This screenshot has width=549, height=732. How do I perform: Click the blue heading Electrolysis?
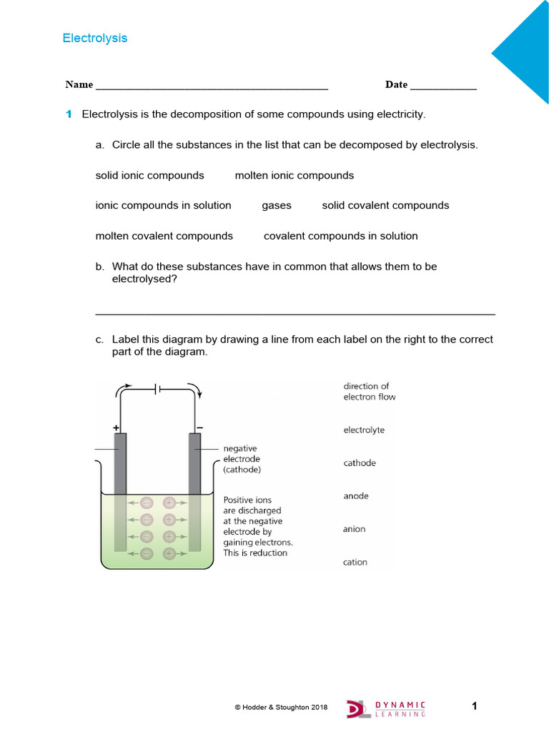(94, 38)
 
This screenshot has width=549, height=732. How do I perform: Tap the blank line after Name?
(211, 87)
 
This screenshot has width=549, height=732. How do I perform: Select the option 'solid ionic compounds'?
(149, 175)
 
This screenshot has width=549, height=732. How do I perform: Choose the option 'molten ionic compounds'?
(294, 175)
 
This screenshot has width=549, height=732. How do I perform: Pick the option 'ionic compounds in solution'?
(163, 205)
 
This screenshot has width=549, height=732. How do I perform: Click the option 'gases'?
(276, 205)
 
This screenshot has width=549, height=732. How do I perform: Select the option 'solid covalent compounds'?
(385, 205)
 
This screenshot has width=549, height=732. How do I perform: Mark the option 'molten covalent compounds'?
(164, 236)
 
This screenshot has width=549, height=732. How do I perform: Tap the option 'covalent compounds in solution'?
(340, 236)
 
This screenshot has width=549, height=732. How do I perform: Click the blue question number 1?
(69, 114)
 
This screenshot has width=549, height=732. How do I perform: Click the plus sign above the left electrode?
(116, 427)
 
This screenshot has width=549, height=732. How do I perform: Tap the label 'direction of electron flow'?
(369, 391)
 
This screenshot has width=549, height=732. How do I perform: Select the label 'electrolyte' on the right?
(364, 430)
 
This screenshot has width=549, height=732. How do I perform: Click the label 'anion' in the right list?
(354, 529)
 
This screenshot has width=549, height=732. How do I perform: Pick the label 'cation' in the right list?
(355, 562)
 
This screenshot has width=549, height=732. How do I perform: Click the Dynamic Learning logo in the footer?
(386, 708)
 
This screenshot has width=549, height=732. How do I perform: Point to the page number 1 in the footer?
(474, 706)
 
